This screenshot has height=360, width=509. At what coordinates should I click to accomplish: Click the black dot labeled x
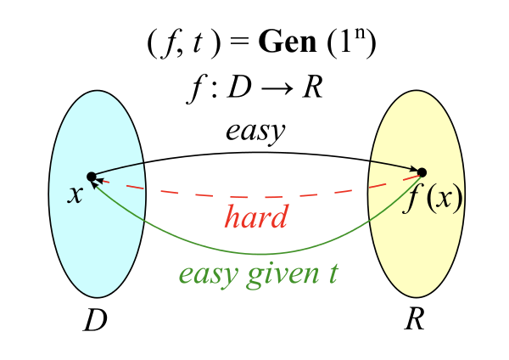pos(92,177)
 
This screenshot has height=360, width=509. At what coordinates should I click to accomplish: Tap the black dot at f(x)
pos(422,172)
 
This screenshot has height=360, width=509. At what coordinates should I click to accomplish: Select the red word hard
pos(256,216)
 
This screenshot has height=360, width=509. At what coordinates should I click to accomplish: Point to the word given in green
pos(283,275)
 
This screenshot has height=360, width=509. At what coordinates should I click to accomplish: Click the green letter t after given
pos(333,273)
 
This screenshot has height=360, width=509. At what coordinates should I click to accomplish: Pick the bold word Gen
pos(288,42)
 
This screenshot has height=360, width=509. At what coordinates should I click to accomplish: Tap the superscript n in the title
pos(361,33)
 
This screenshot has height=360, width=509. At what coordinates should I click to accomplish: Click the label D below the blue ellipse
pos(95,320)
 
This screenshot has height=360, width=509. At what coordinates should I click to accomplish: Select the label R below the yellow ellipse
pos(415,318)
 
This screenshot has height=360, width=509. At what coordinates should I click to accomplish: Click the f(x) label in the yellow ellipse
pos(433,199)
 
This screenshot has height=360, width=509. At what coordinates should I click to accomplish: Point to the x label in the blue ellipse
pos(76,195)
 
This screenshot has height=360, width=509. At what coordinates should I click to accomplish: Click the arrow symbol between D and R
pos(277,88)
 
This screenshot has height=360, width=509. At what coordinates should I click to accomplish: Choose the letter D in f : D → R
pos(239,87)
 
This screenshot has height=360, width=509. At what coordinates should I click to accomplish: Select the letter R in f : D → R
pos(312,87)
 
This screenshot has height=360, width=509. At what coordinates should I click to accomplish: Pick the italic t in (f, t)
pos(198,43)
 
